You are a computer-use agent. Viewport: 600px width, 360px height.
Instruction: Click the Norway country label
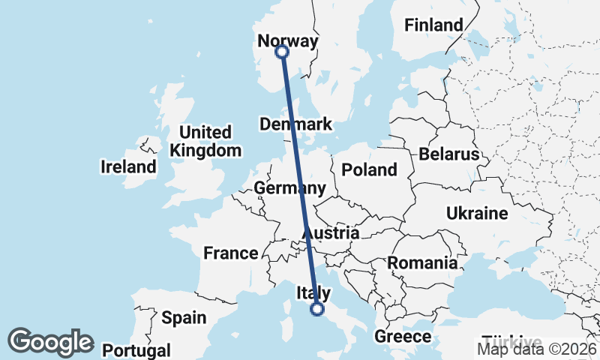[288, 40]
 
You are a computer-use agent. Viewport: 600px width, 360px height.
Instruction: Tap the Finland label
[433, 25]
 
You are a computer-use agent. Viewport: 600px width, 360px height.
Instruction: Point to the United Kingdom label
[205, 141]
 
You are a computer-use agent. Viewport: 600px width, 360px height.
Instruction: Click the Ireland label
[128, 166]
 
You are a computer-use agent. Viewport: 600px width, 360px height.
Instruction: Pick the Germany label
[289, 187]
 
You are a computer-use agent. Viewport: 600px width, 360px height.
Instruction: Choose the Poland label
[369, 169]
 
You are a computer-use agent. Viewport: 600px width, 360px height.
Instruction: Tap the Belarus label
[448, 154]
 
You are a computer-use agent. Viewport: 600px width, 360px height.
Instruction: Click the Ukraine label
[477, 214]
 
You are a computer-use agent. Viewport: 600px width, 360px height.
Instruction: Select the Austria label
[331, 233]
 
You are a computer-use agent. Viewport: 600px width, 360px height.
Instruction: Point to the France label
[231, 253]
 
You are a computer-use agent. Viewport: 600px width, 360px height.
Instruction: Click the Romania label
[422, 262]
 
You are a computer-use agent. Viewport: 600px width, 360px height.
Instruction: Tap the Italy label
[314, 292]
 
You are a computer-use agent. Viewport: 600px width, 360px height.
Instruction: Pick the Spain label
[184, 317]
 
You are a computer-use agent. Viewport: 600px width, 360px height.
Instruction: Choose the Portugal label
[136, 349]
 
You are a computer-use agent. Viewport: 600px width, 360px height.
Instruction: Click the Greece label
[403, 336]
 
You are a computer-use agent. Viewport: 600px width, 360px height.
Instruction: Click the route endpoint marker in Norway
[282, 52]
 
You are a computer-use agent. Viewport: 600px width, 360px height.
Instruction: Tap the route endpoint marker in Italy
[317, 308]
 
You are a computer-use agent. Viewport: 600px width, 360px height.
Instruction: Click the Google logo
[51, 342]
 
